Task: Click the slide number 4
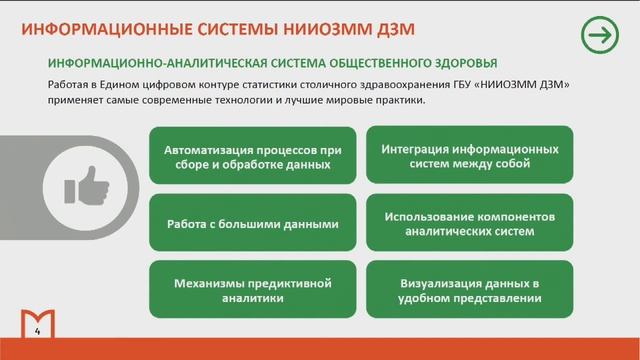tap(37, 331)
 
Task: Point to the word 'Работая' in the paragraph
tap(69, 85)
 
